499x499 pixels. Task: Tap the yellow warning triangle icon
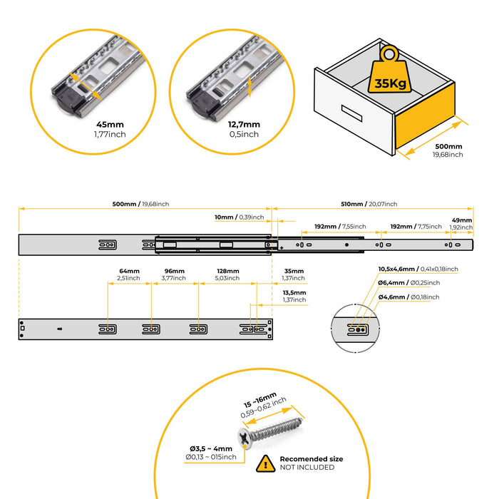265,463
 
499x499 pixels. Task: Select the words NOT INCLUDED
308,468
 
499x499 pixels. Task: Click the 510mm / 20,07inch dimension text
370,203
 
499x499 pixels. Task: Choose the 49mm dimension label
461,220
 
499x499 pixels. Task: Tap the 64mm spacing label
130,272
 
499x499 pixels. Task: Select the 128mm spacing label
227,272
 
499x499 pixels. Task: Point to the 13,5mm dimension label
294,292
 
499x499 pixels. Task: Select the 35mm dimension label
293,272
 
